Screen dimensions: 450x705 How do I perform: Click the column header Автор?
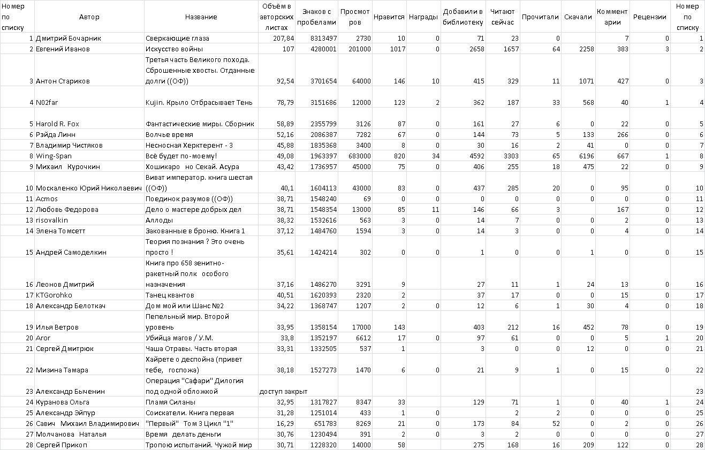click(89, 17)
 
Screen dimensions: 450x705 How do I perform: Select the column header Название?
click(201, 17)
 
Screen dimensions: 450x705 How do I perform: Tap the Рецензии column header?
click(649, 17)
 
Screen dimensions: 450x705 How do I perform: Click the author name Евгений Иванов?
click(63, 49)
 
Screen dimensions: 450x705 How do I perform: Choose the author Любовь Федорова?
click(67, 209)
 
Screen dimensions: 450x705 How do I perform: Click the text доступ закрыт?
click(283, 391)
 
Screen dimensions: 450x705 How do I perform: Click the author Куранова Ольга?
click(62, 402)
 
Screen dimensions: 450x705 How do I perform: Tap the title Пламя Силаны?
click(170, 402)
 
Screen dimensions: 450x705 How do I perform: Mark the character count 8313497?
click(323, 38)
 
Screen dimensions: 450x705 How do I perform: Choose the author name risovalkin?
click(52, 220)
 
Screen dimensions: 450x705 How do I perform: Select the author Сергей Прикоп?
click(61, 445)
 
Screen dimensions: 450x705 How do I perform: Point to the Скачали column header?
click(578, 17)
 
